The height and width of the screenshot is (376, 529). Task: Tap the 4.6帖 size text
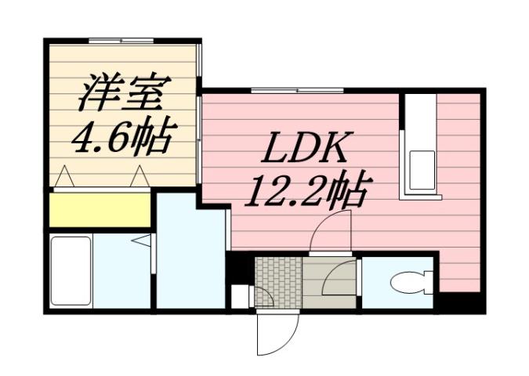[121, 139]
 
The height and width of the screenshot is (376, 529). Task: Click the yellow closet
[100, 209]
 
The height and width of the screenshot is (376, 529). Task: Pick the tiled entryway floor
[277, 275]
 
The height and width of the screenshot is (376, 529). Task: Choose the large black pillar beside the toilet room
[459, 302]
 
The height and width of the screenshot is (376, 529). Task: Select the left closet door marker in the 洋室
[65, 177]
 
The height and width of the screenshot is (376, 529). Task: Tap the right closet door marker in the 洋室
[140, 177]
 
